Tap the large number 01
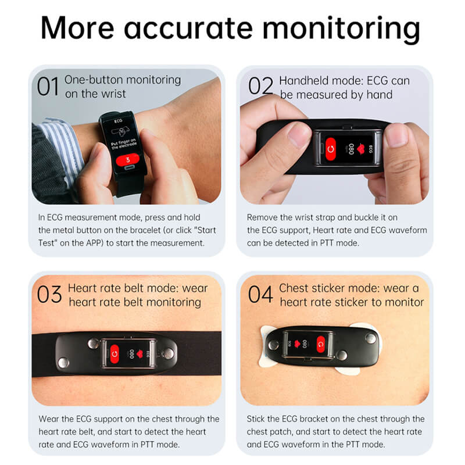pos(48,87)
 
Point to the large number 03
pos(50,295)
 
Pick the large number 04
pos(260,295)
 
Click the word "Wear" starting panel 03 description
pos(49,419)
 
